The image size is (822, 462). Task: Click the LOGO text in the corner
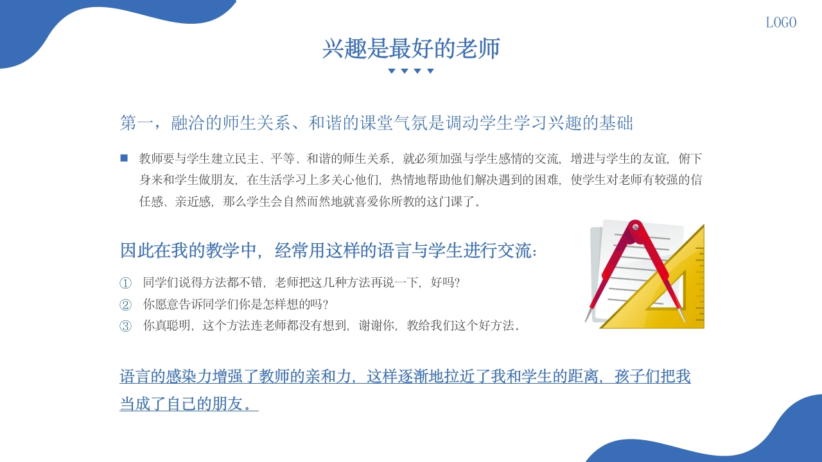click(x=781, y=22)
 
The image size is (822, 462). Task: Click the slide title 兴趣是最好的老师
click(x=411, y=49)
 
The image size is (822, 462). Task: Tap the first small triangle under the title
click(x=392, y=71)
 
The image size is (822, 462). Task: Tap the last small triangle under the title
click(x=430, y=71)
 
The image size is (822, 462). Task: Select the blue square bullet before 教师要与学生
click(x=124, y=158)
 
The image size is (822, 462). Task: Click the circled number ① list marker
click(x=125, y=283)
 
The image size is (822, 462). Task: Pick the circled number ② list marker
click(x=125, y=304)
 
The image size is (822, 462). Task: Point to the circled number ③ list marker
click(x=125, y=326)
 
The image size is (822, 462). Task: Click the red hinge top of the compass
click(x=635, y=227)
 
